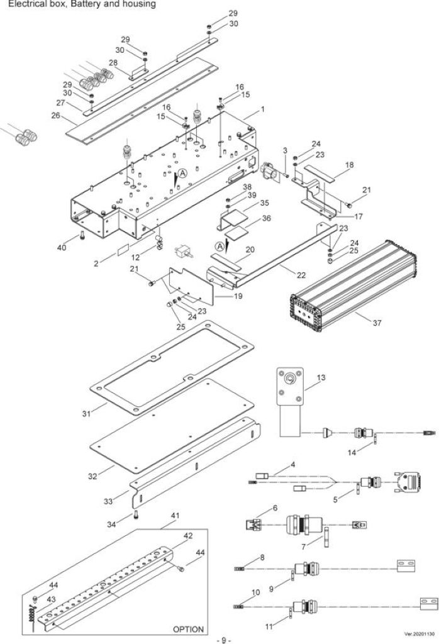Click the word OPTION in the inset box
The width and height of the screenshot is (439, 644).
coord(188,629)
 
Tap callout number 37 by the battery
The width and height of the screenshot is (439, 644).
coord(377,323)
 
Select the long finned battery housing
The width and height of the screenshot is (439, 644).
coord(353,286)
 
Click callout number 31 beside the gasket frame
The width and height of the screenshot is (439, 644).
coord(86,414)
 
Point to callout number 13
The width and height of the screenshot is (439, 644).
coord(321,377)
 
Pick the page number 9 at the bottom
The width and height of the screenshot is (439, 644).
coord(224,640)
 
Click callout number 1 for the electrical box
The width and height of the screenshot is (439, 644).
coord(262,109)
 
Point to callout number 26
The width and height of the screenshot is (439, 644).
coord(55,116)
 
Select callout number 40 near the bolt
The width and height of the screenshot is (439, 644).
coord(62,248)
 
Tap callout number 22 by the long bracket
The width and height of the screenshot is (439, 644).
coord(301,275)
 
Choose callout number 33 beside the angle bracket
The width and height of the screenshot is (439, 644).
coord(108,501)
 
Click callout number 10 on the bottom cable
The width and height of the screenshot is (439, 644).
coord(255,592)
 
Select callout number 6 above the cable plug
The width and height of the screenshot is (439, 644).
coord(275,508)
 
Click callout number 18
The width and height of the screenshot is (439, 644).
coord(349,165)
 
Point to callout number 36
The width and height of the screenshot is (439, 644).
coord(267,218)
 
